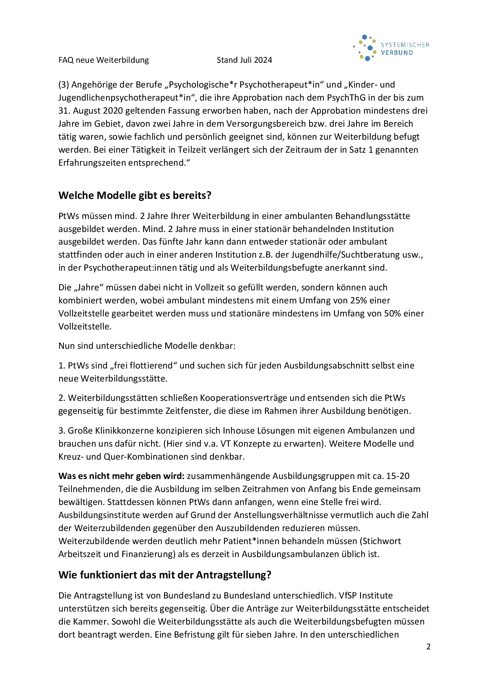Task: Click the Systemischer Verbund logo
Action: [x=390, y=48]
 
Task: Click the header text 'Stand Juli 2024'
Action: [x=244, y=60]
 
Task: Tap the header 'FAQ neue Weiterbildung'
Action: [x=104, y=60]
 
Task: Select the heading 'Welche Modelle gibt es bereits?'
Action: [x=135, y=195]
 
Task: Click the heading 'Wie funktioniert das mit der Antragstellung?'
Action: [x=165, y=575]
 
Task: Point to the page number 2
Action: [x=428, y=647]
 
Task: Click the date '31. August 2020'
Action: [x=95, y=110]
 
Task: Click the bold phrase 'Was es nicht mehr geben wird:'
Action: [x=121, y=476]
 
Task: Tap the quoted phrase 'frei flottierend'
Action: [x=145, y=365]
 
